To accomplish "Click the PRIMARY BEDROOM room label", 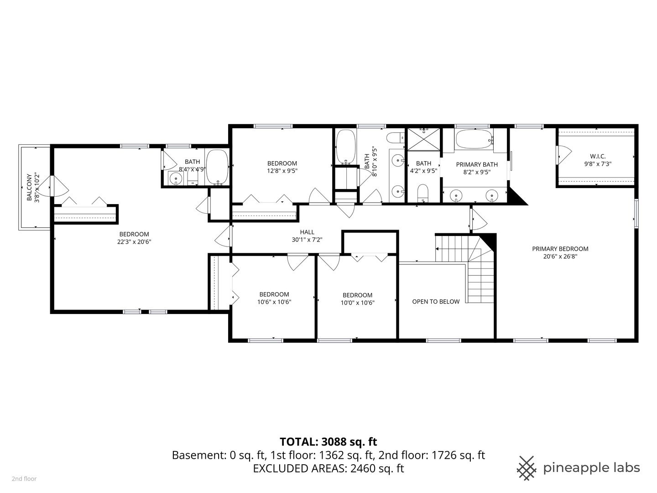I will point(560,249).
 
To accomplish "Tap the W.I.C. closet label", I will point(597,156).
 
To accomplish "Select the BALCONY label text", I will point(30,187).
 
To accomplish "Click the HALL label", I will point(307,232).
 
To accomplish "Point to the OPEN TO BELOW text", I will point(435,302).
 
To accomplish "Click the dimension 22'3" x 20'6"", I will point(134,242).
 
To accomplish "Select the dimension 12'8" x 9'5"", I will point(282,171).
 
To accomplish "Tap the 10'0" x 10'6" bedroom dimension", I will point(357,302).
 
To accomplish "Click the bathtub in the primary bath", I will point(474,139).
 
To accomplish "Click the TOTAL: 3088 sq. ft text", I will point(328,441).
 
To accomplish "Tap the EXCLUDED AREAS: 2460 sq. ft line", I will point(328,468).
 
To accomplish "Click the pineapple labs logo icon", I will point(527,468).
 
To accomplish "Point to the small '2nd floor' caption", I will point(24,479).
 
